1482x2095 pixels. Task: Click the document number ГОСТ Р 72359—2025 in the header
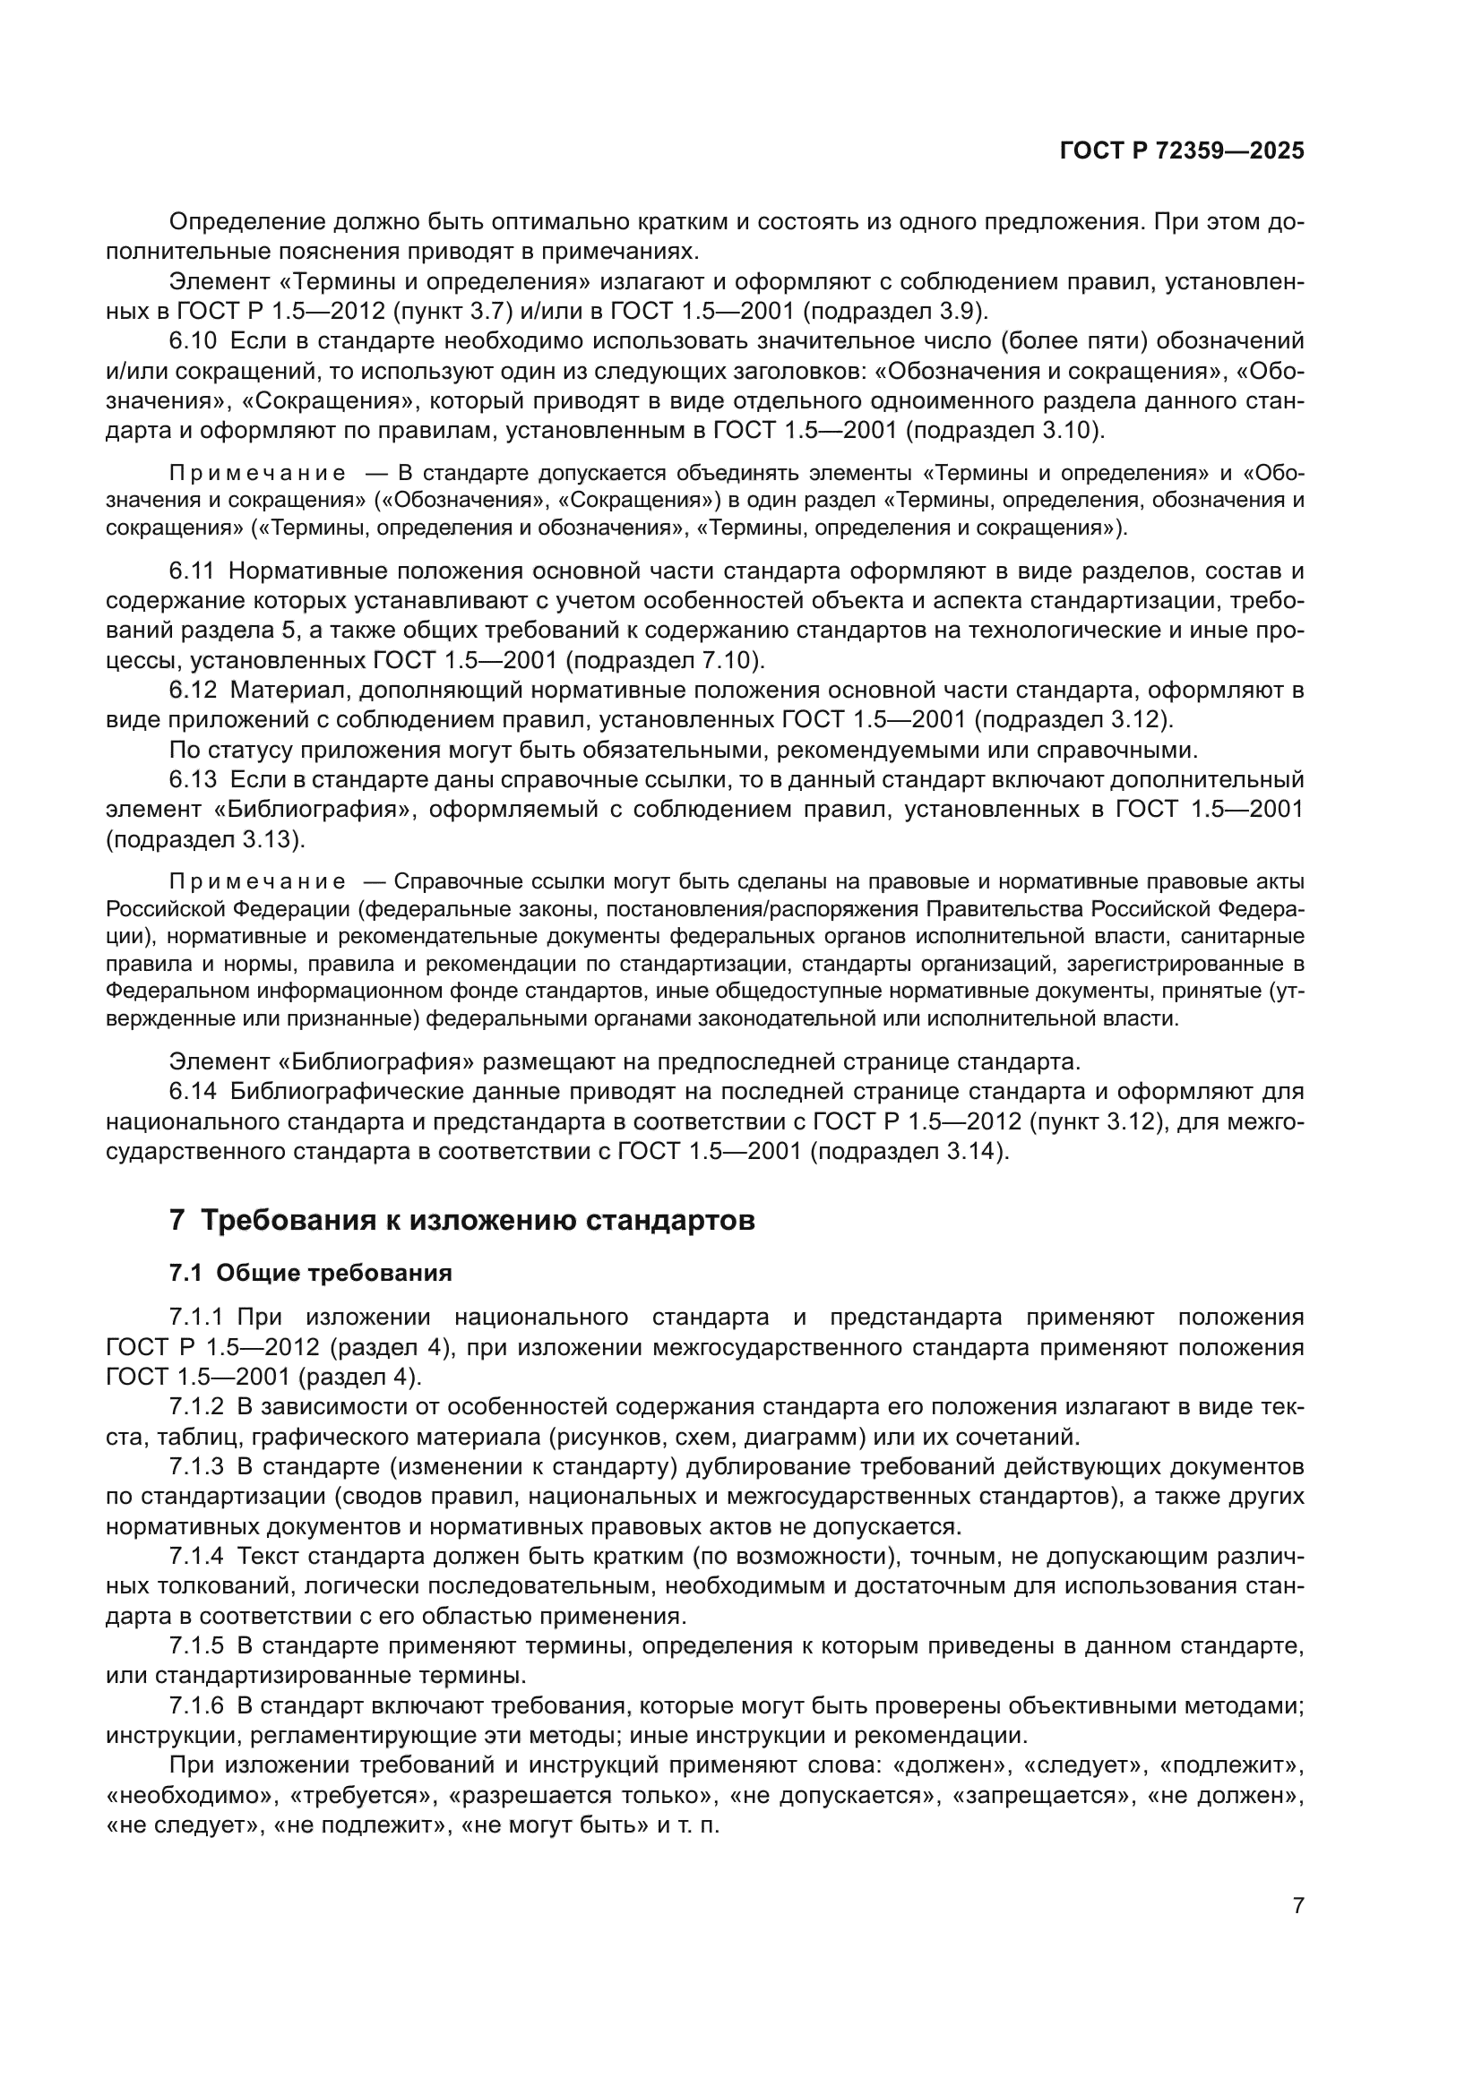point(1182,150)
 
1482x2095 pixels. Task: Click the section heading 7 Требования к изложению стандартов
point(461,1220)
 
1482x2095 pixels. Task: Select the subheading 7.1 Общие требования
point(310,1273)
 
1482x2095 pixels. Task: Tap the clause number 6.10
point(193,341)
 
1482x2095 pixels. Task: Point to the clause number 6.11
point(192,571)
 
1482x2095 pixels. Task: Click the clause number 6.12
point(193,691)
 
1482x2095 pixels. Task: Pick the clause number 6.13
point(193,780)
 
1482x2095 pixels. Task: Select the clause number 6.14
point(193,1091)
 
